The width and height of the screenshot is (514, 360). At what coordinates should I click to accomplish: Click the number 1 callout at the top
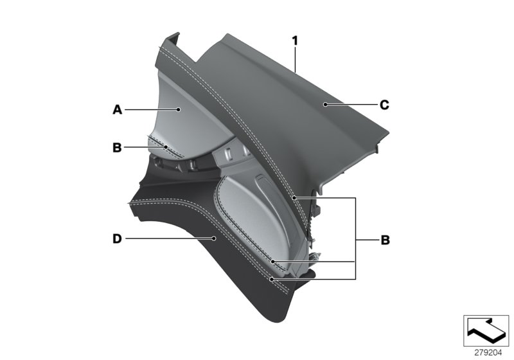pos(295,40)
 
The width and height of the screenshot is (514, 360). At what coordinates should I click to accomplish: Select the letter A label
pos(117,110)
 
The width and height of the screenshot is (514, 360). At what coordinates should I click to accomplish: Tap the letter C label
pos(384,104)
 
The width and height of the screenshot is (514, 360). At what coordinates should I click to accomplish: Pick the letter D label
pos(117,239)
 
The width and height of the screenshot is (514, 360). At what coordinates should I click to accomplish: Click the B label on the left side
pos(117,147)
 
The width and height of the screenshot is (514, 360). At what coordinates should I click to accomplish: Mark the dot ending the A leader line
pos(179,110)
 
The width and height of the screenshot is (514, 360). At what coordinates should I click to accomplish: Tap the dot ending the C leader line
pos(326,104)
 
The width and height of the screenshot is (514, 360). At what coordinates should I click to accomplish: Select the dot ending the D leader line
pos(214,239)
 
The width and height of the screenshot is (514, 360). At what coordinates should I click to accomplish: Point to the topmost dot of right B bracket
pos(294,199)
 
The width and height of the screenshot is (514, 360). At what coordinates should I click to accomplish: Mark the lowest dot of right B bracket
pos(272,279)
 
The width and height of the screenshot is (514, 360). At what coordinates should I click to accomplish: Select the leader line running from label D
pos(167,239)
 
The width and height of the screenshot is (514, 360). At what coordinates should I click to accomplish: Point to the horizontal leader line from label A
pos(151,110)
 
